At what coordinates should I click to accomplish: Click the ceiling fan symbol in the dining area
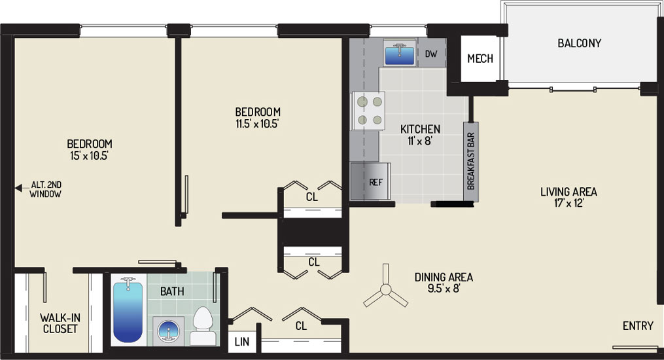pos(385,290)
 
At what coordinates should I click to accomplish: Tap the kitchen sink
pos(400,53)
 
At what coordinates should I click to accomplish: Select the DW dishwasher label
pos(431,54)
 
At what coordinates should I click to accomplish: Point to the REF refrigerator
pos(370,181)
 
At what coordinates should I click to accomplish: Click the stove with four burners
pos(368,111)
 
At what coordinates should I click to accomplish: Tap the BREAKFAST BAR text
pos(471,162)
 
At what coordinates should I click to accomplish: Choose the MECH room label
pos(480,58)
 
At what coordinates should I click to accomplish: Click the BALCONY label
pos(580,43)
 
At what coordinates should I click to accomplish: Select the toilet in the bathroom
pos(203,326)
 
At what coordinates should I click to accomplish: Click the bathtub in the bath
pos(128,310)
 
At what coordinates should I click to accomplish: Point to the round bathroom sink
pos(168,331)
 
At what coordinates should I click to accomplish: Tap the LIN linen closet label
pos(242,342)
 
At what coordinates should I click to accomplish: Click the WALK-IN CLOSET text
pos(60,323)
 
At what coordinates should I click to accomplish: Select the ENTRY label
pos(638,326)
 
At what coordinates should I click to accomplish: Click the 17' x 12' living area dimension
pos(568,204)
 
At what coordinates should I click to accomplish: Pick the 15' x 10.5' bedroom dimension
pos(90,156)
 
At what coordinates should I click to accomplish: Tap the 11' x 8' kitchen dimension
pos(419,141)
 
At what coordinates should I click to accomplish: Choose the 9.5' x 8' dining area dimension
pos(444,289)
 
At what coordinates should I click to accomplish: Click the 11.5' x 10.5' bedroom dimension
pos(258,124)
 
